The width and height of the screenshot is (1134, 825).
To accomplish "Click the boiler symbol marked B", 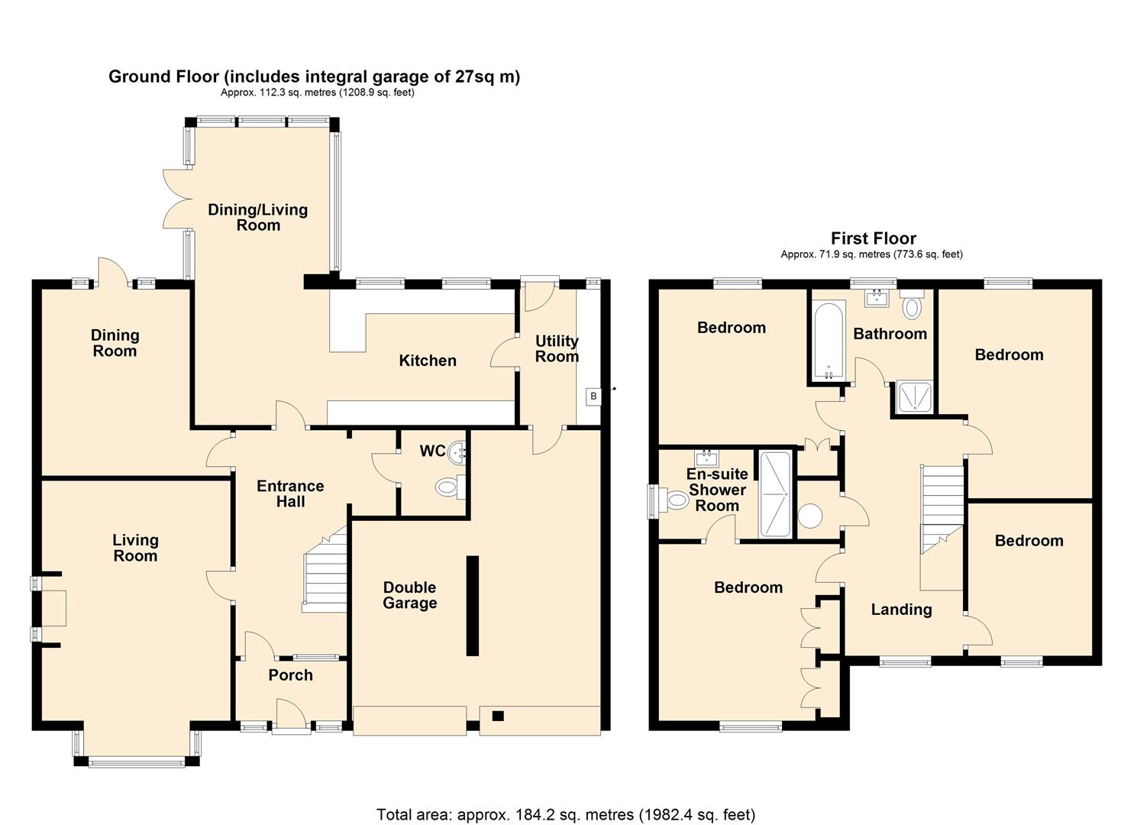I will point(593,396).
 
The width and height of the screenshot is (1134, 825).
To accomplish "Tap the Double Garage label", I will point(410,595).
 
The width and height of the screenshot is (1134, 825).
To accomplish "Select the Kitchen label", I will point(428,361).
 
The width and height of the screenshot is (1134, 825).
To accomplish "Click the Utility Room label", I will point(557,348).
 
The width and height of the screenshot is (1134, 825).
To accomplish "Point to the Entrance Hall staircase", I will point(326,569).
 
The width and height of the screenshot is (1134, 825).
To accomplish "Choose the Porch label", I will point(290,675).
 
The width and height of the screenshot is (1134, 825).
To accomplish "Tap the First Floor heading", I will point(874,238).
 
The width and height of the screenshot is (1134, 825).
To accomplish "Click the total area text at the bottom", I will point(566,814).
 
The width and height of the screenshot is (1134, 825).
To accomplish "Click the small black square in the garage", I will point(498,716).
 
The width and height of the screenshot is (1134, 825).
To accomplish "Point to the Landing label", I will point(901,610).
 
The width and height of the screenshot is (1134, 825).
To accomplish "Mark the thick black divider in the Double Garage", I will point(473,606).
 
